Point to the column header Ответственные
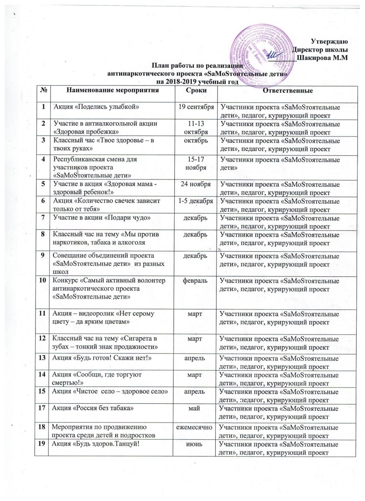point(279,91)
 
